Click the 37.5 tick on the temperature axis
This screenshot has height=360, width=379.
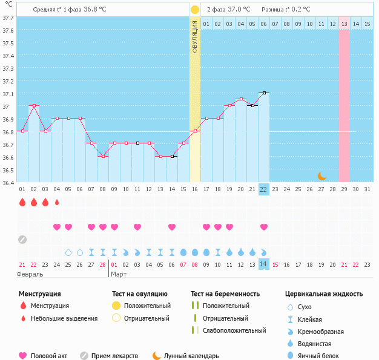pyautogui.click(x=8, y=44)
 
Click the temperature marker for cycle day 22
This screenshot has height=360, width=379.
pyautogui.click(x=264, y=93)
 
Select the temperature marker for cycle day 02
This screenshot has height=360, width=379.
pyautogui.click(x=34, y=105)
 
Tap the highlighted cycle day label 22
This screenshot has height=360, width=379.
pyautogui.click(x=263, y=189)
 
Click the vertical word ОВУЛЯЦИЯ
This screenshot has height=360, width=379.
pyautogui.click(x=195, y=37)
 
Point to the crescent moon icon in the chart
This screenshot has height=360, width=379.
pyautogui.click(x=322, y=175)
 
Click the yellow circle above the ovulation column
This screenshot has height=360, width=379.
pyautogui.click(x=195, y=10)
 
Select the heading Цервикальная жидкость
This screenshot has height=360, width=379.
pyautogui.click(x=324, y=293)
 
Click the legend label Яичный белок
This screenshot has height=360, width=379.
pyautogui.click(x=322, y=356)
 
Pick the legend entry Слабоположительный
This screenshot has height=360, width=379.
pyautogui.click(x=234, y=330)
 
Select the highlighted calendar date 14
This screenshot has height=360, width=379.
pyautogui.click(x=263, y=264)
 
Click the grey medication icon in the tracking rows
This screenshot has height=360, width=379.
pyautogui.click(x=22, y=239)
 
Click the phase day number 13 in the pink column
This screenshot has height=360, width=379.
pyautogui.click(x=344, y=24)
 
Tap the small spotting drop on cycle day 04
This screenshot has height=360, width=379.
pyautogui.click(x=57, y=202)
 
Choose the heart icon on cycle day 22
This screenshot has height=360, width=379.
pyautogui.click(x=264, y=227)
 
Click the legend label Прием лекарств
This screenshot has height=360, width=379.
pyautogui.click(x=114, y=356)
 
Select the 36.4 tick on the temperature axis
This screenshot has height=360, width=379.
pyautogui.click(x=8, y=182)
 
